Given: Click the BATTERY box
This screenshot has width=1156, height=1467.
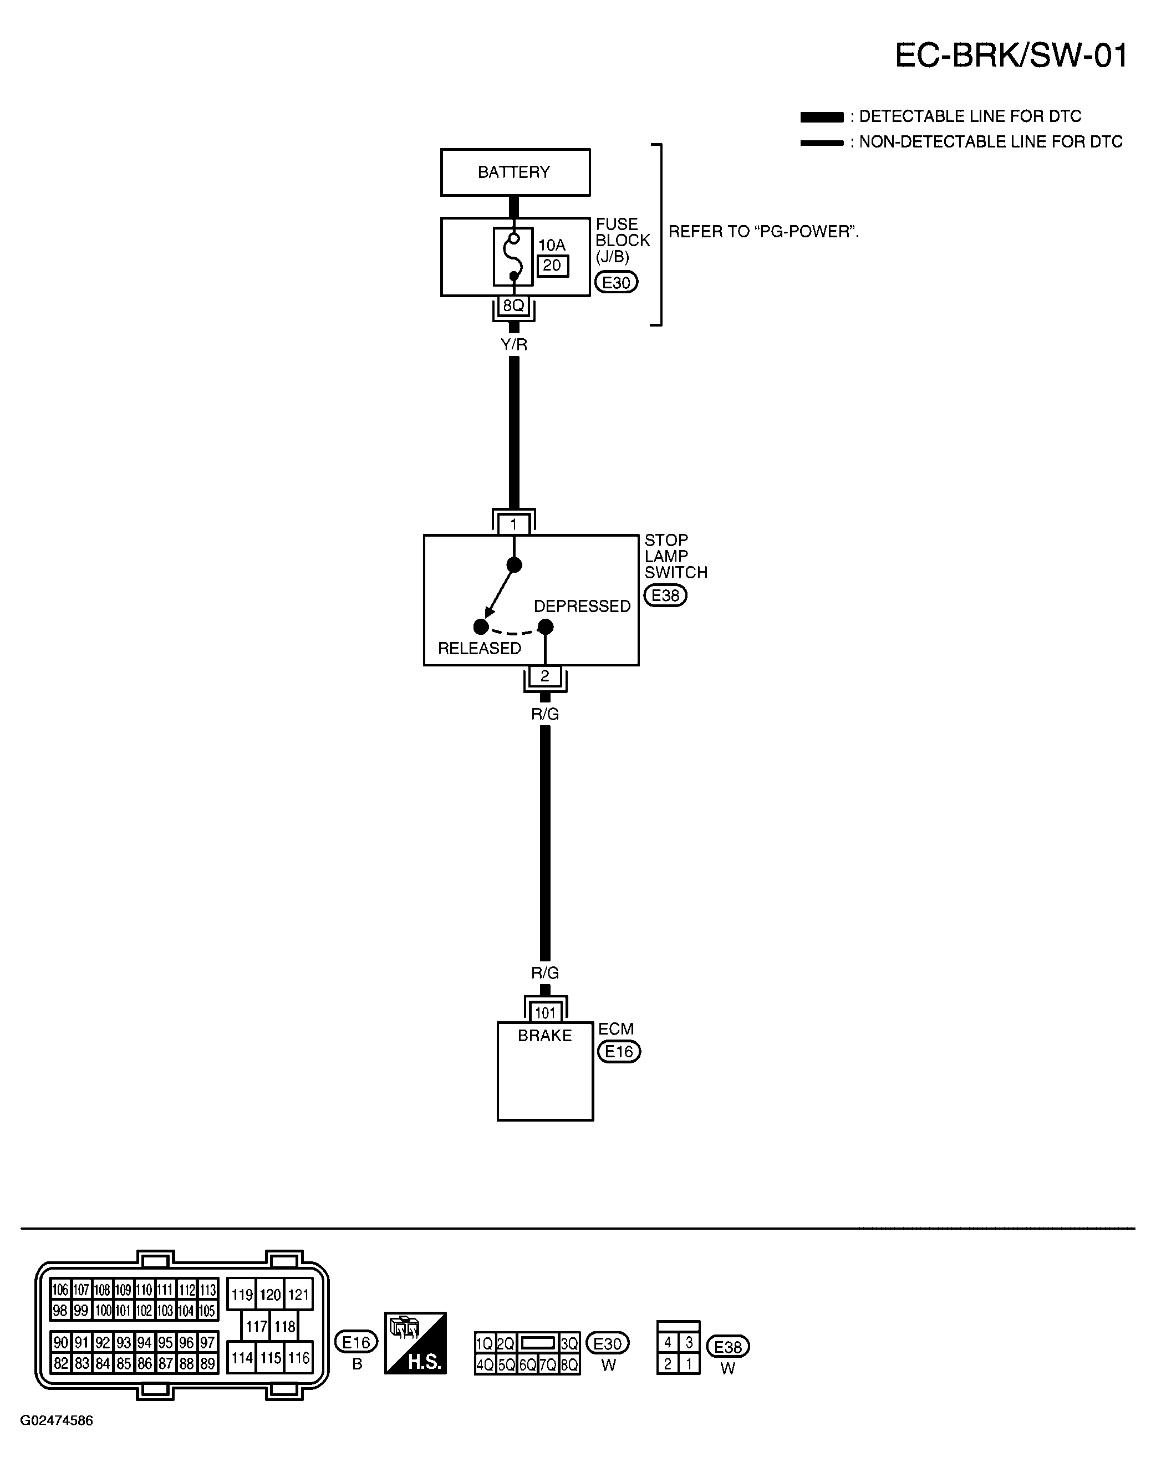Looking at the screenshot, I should pos(515,172).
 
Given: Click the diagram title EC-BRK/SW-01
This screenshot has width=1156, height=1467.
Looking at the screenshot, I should pos(1011,55).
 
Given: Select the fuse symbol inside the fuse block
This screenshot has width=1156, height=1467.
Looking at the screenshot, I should pos(513,257).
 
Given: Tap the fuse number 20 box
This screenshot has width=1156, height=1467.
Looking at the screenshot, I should pos(552,266).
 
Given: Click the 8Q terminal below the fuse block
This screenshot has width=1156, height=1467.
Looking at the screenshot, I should pos(513,306).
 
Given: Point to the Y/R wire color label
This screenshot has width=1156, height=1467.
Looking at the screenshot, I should pos(514,345).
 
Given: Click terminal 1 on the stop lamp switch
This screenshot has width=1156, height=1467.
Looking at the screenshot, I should pos(513,524).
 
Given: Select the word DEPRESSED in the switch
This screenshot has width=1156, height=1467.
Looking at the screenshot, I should pos(582,607).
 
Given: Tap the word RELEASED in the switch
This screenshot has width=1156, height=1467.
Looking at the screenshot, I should pos(479,648).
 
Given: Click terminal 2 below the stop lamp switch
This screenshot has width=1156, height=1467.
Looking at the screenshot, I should pos(545,676).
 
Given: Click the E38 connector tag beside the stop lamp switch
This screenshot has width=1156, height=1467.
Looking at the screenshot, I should pos(665,596).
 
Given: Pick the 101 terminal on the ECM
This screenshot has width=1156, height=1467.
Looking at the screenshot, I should pos(545,1013).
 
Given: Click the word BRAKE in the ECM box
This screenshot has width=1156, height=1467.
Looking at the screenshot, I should pos(545,1036).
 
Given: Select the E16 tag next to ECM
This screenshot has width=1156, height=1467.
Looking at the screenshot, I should pos(619,1052).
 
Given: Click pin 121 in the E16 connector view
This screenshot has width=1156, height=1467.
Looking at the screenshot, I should pos(298,1295).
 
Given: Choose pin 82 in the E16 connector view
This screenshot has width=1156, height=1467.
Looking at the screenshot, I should pos(61,1363).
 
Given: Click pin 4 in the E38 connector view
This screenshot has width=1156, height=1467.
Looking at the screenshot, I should pos(668,1342).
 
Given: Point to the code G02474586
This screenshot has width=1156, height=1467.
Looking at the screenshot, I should pos(57,1420).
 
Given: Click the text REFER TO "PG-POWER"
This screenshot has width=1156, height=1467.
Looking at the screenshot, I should pos(763,232).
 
